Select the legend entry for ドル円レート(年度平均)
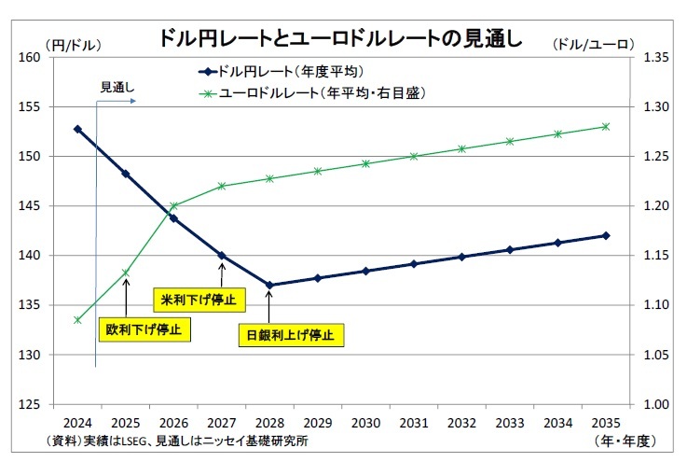(281, 71)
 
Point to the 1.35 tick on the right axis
(656, 58)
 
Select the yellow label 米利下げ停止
(199, 300)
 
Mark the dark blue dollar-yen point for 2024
(77, 129)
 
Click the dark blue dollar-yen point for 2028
(268, 285)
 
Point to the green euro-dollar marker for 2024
(77, 320)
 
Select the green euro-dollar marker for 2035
(606, 126)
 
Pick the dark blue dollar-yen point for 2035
(606, 235)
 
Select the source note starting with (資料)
(177, 440)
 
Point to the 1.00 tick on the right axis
(656, 404)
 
